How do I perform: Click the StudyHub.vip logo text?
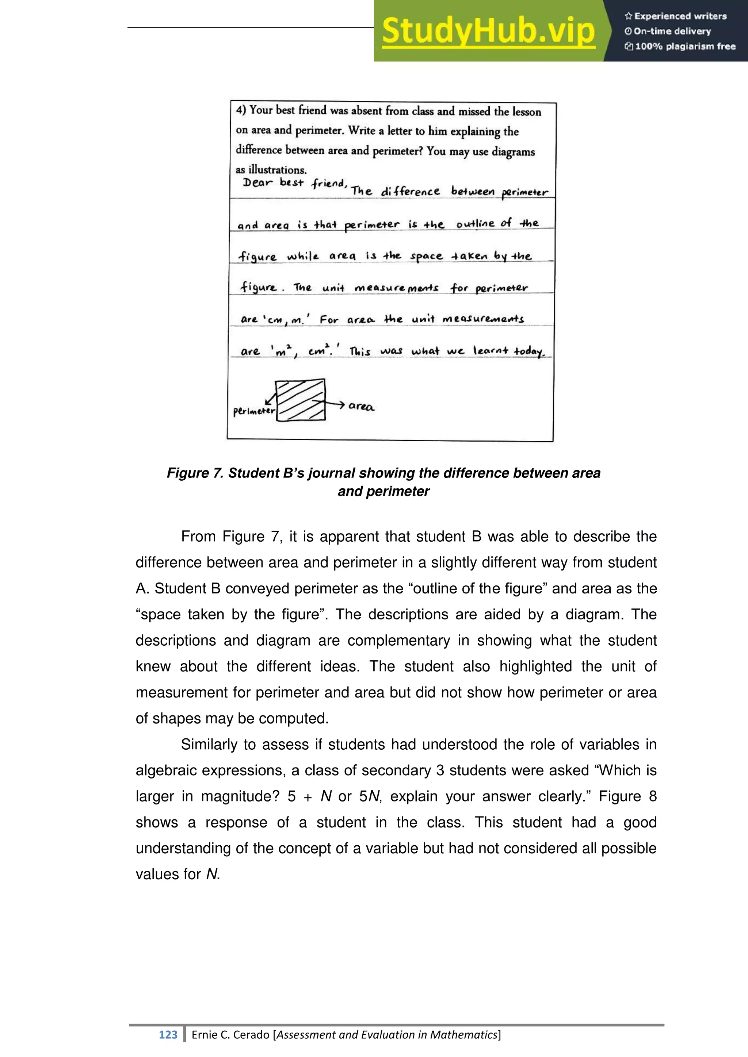click(x=488, y=31)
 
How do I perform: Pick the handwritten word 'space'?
click(x=426, y=257)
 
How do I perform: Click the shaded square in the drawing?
click(x=300, y=400)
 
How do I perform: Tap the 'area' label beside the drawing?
click(x=361, y=406)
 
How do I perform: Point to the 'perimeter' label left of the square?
click(x=253, y=411)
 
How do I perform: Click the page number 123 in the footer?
click(x=168, y=1035)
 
